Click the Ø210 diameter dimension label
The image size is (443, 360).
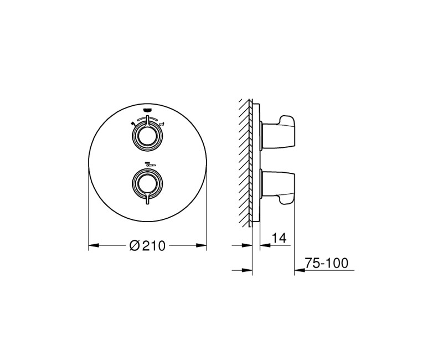147,245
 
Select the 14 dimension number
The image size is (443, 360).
279,238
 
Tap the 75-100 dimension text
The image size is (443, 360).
327,263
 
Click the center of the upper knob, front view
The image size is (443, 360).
147,135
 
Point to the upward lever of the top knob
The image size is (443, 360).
147,120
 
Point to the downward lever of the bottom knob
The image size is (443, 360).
147,198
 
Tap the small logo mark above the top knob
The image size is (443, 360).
147,110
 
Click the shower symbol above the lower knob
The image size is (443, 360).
150,163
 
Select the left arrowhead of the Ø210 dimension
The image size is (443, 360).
94,245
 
